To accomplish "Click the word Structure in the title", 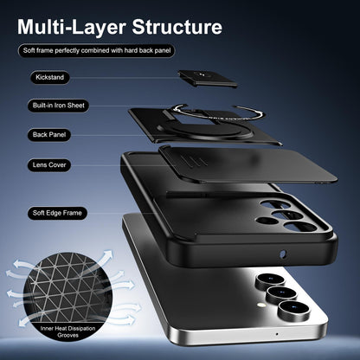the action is click(177, 27).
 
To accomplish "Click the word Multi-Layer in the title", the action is click(72, 27).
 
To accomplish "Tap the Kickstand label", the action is click(50, 77).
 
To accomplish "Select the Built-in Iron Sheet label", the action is click(59, 106).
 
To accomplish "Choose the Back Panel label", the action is click(49, 135).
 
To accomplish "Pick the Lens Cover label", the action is click(49, 165).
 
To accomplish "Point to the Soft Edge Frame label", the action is click(57, 213).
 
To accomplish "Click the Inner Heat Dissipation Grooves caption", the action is click(67, 331).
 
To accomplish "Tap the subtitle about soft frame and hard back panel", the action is click(97, 51).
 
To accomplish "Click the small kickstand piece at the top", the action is click(208, 78).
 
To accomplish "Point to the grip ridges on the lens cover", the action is click(191, 161).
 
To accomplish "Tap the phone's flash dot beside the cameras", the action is click(261, 305).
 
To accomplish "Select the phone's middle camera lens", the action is click(281, 294).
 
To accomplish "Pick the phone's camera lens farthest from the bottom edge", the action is click(270, 280).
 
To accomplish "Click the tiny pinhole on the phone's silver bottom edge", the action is click(277, 334).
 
